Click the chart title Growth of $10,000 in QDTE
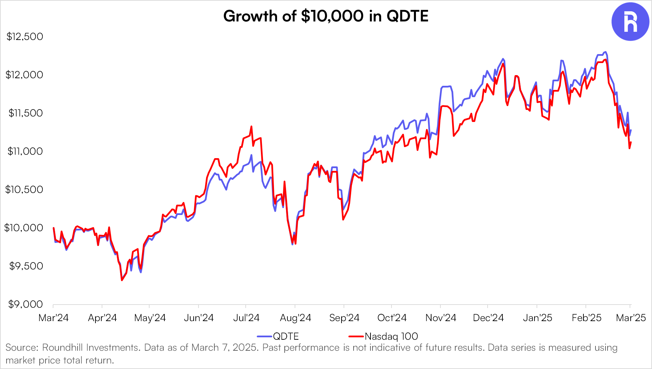coord(326,16)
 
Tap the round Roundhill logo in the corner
coord(630,22)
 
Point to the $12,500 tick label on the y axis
coord(24,37)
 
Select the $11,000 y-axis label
coord(25,151)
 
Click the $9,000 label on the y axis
coord(26,304)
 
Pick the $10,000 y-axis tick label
coord(23,228)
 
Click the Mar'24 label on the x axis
coord(53,318)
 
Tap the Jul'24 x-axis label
coord(246,318)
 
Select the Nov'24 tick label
coord(440,318)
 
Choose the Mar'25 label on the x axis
coord(631,318)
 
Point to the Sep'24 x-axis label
coord(344,318)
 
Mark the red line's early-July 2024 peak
coord(251,126)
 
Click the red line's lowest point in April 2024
coord(122,280)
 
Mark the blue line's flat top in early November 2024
coord(446,86)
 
